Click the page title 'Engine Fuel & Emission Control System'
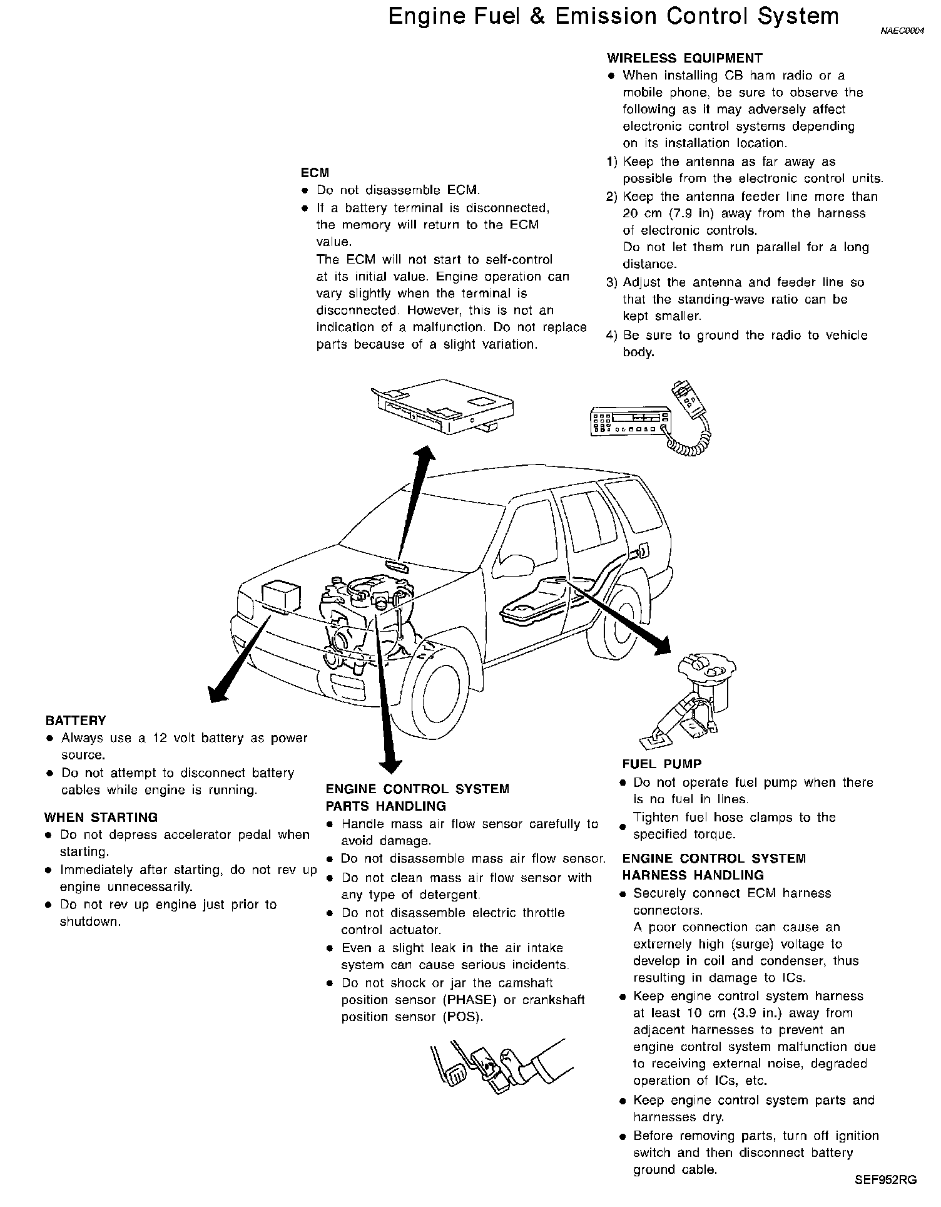[x=613, y=16]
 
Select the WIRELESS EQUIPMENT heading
[x=684, y=58]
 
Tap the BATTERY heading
[x=76, y=721]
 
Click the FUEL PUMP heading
[x=661, y=764]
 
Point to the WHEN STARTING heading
[x=101, y=818]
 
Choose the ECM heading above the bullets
[x=315, y=173]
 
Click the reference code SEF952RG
[x=885, y=1180]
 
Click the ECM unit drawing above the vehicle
[x=444, y=408]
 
